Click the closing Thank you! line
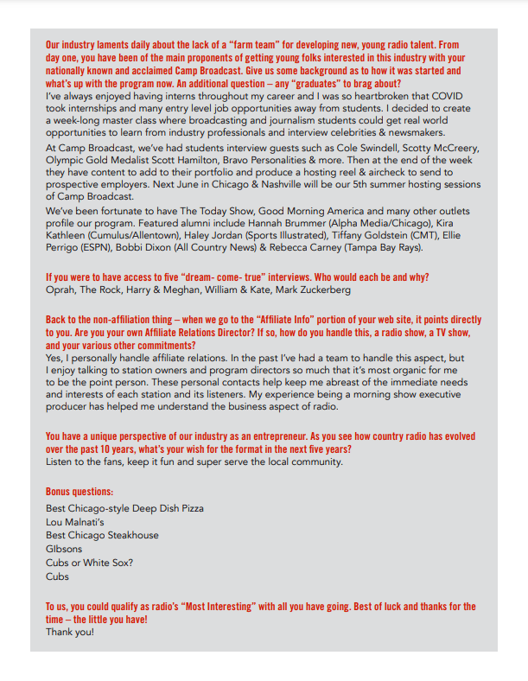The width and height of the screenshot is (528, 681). tap(70, 632)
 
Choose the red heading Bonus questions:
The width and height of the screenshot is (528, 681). tap(80, 491)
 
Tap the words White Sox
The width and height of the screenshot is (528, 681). tap(108, 562)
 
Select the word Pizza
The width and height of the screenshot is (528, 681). tap(189, 509)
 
